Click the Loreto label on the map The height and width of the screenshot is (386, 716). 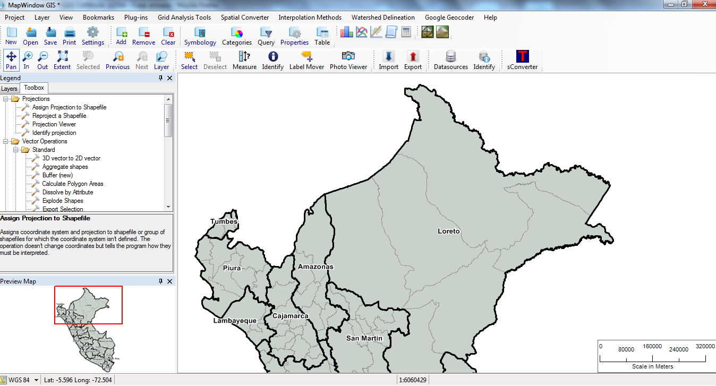click(x=449, y=231)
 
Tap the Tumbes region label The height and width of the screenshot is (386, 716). click(x=224, y=221)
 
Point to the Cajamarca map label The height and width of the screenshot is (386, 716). click(x=290, y=316)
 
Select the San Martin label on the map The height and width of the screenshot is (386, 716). click(x=364, y=338)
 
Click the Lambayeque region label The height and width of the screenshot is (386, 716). click(x=235, y=321)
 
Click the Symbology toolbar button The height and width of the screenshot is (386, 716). click(x=200, y=36)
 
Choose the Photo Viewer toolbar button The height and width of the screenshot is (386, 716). click(x=348, y=61)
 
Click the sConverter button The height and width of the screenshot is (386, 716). click(x=522, y=61)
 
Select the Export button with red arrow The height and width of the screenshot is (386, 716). click(x=413, y=61)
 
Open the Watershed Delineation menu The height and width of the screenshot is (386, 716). click(x=382, y=18)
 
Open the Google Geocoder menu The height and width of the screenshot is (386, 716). click(x=449, y=18)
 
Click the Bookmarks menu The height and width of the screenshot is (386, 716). click(x=98, y=18)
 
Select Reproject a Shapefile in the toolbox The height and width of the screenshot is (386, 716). click(x=59, y=116)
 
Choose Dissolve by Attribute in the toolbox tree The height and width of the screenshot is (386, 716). click(x=67, y=192)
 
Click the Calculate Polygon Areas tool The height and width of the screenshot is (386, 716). click(x=73, y=184)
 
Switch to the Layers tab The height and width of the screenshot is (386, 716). click(x=9, y=89)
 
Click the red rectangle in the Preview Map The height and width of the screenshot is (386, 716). click(x=88, y=305)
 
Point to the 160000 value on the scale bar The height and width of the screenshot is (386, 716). click(x=652, y=346)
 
